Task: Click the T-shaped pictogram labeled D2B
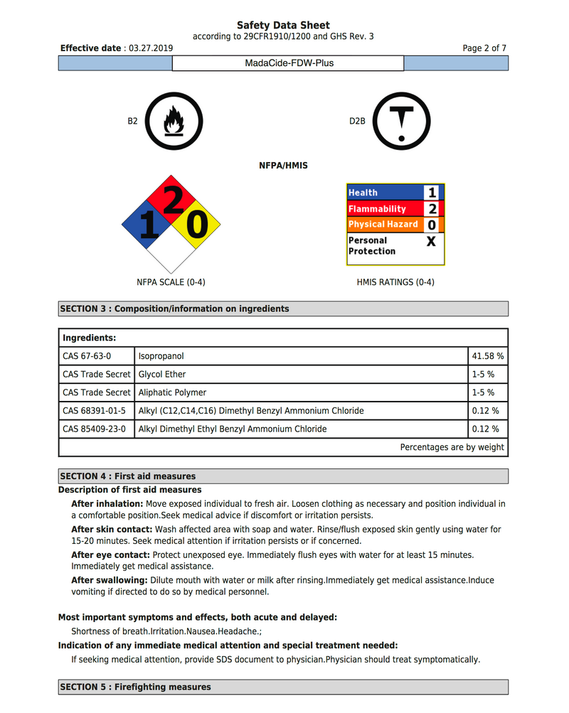point(402,121)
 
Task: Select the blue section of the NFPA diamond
point(147,225)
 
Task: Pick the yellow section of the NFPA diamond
point(195,225)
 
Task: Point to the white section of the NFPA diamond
point(171,250)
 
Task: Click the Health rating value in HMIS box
point(432,193)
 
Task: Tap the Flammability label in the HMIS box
point(377,209)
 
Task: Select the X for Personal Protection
point(431,241)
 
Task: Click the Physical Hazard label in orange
point(383,225)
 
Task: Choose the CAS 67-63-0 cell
point(87,355)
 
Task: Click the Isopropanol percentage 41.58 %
point(487,355)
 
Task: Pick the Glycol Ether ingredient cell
point(162,374)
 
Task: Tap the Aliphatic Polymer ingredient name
point(172,392)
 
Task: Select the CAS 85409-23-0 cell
point(94,429)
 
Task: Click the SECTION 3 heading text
point(174,309)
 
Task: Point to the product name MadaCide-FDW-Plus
point(289,63)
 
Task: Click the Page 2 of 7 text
point(484,48)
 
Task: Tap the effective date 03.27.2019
point(150,48)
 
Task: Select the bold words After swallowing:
point(110,580)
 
